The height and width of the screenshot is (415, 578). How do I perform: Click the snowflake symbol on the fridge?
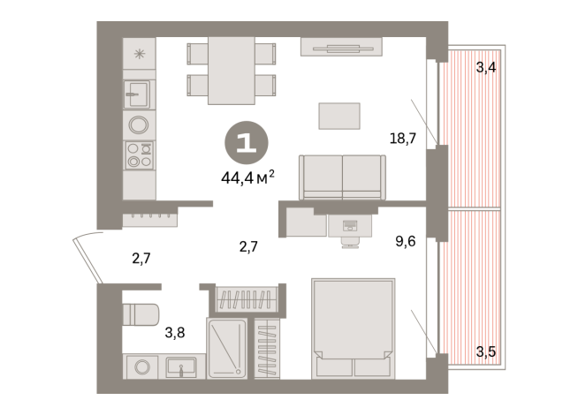[x=138, y=54]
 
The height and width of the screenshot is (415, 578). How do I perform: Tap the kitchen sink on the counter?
[x=138, y=89]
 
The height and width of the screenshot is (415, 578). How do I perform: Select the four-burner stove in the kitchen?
[x=139, y=155]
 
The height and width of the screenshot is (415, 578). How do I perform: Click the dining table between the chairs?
[x=230, y=72]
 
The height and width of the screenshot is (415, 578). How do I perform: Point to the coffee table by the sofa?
[x=339, y=116]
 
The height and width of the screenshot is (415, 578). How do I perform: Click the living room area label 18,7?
[x=402, y=137]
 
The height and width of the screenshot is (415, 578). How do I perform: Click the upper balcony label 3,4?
[x=485, y=66]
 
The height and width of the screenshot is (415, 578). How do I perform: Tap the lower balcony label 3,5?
[x=485, y=352]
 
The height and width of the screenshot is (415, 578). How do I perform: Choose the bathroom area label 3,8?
[x=176, y=334]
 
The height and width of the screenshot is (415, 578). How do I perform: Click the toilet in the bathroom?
[x=139, y=314]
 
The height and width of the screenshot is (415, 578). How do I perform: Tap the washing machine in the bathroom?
[x=139, y=367]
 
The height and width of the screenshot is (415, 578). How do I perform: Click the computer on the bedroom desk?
[x=350, y=226]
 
